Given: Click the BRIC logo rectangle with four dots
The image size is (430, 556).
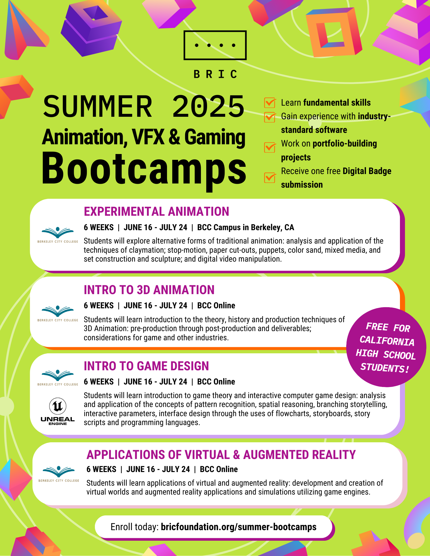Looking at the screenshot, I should (215, 45).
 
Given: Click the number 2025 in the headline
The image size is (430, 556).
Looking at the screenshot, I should (208, 107).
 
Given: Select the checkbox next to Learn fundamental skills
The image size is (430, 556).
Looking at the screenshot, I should (270, 103).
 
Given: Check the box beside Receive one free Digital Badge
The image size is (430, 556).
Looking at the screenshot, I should (270, 178).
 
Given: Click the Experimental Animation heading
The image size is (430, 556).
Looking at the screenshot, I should (156, 212).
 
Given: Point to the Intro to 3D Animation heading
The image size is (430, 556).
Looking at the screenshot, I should (149, 290).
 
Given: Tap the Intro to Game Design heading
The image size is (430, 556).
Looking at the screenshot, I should (146, 366).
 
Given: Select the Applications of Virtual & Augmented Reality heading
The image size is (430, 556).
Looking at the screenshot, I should (221, 455).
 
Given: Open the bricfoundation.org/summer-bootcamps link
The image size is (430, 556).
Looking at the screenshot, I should (239, 527).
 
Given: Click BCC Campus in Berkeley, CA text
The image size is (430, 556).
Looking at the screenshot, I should (245, 227).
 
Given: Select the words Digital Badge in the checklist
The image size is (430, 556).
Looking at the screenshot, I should (367, 171).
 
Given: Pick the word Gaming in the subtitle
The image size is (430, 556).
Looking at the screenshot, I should (215, 137).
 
